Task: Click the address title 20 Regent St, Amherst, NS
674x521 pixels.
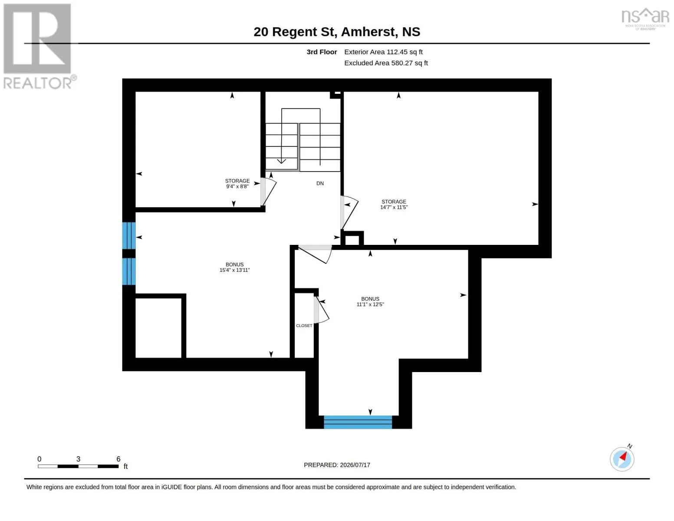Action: point(337,32)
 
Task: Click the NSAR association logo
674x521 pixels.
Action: point(645,19)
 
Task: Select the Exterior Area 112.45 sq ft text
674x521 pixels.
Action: point(383,52)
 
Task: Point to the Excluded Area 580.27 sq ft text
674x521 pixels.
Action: point(386,63)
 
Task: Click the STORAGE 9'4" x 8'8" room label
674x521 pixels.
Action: point(237,183)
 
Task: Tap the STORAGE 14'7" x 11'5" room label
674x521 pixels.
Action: point(394,204)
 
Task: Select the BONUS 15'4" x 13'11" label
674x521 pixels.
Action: point(234,267)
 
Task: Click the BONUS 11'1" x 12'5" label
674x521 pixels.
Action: point(370,301)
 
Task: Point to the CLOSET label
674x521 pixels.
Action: point(304,326)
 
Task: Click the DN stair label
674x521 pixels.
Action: point(320,183)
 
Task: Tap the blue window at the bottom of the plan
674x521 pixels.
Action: point(358,422)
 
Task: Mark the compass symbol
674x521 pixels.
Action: point(622,458)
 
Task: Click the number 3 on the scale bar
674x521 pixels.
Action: point(78,458)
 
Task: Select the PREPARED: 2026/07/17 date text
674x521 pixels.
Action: point(337,465)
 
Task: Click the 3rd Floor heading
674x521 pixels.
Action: point(322,52)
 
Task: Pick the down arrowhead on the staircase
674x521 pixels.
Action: point(281,161)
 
